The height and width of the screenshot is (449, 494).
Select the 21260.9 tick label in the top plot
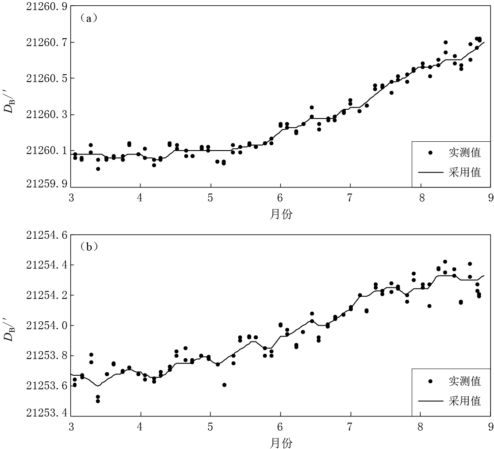[43, 7]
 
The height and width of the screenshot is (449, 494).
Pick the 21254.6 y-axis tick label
[43, 235]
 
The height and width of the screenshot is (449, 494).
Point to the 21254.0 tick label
[43, 326]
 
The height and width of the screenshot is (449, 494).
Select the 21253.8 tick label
[43, 356]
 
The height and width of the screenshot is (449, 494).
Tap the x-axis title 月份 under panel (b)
[281, 442]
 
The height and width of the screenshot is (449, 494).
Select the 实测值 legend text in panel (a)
[465, 152]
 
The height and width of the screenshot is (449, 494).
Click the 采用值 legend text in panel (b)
[465, 400]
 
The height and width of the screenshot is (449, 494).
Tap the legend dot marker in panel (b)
[430, 381]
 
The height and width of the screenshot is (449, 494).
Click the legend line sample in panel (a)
[430, 172]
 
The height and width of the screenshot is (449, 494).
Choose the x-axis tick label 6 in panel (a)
[280, 198]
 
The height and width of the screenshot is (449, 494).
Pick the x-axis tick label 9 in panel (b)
[490, 426]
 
